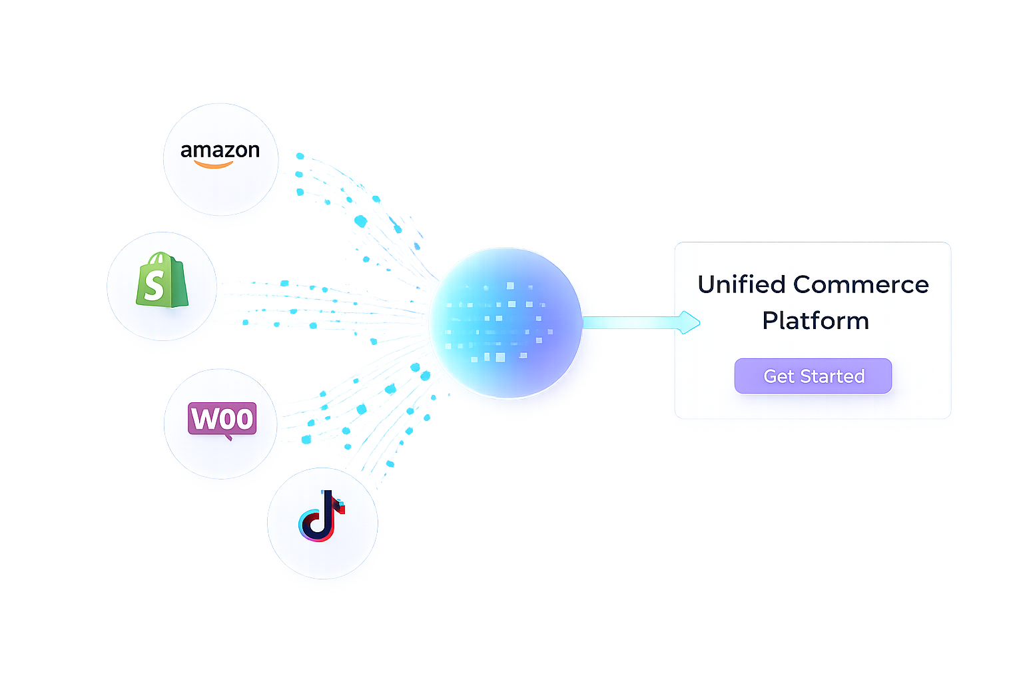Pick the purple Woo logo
click(222, 419)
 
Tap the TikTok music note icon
click(321, 516)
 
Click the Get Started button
click(813, 376)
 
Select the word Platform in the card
click(815, 321)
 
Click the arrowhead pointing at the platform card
click(690, 322)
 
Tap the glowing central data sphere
click(506, 323)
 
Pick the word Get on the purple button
click(779, 376)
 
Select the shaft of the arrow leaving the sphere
click(629, 322)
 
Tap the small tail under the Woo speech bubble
click(228, 437)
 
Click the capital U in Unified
click(707, 285)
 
